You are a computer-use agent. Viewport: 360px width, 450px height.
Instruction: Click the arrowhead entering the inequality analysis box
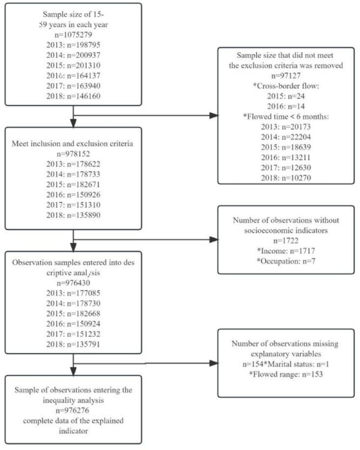coord(74,372)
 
